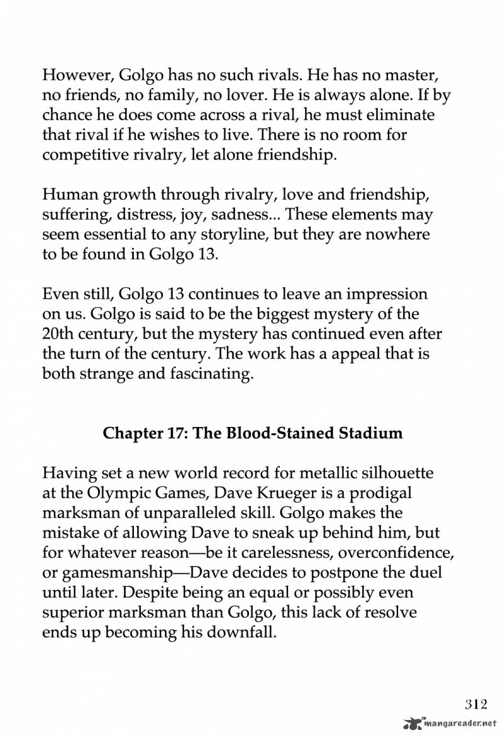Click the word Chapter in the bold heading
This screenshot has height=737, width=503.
130,433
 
